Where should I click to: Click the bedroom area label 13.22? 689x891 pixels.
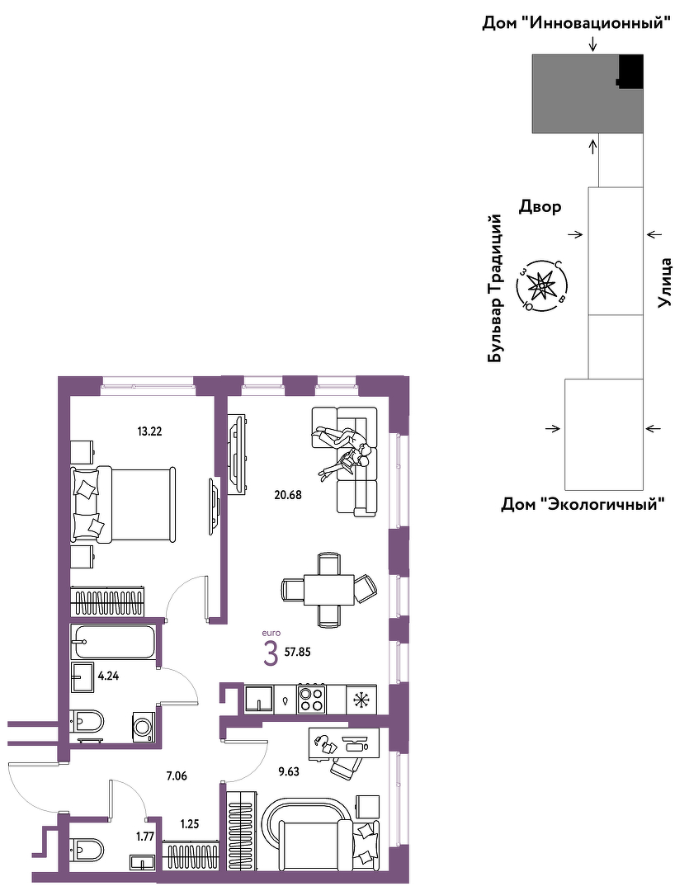pos(149,431)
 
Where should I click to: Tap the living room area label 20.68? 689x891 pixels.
pos(288,494)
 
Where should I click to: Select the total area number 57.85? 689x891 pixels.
pos(297,652)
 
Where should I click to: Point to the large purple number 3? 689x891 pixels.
pos(271,653)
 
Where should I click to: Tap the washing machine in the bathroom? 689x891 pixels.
pos(144,727)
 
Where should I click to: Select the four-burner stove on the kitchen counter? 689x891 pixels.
pos(312,699)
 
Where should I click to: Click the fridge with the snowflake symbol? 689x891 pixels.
pos(361,699)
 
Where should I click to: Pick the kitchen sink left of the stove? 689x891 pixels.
pos(259,699)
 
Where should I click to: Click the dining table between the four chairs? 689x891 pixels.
pos(329,591)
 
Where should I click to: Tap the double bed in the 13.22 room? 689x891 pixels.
pos(123,504)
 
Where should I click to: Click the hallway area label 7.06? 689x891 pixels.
pos(177,775)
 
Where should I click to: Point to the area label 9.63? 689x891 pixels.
pos(289,771)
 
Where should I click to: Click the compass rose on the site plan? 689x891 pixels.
pos(540,285)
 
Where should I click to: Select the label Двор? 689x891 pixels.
pos(540,206)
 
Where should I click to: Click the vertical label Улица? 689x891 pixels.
pos(664,283)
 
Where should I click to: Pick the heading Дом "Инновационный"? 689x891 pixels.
pos(577,23)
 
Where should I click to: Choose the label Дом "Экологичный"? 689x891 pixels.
pos(582,503)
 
